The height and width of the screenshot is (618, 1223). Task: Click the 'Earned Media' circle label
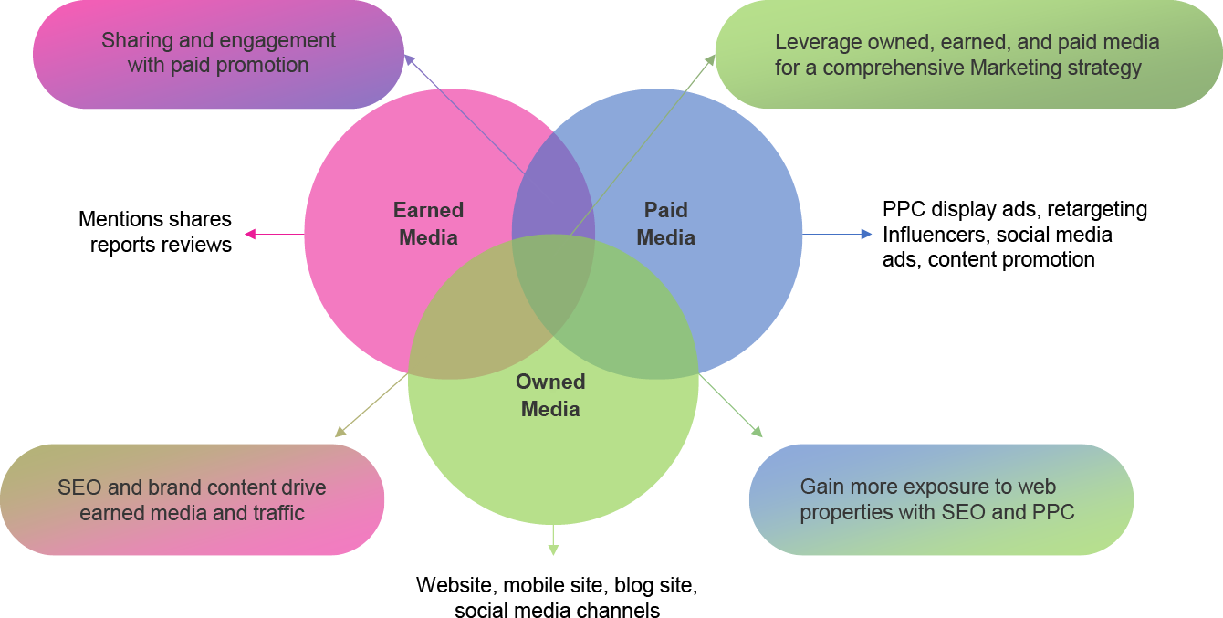point(428,224)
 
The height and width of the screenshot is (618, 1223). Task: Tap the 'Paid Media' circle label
point(665,224)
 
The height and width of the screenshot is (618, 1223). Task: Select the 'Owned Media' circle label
point(550,395)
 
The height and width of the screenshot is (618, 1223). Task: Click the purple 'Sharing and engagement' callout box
point(218,54)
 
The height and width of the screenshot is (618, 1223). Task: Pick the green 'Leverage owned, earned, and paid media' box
point(968,54)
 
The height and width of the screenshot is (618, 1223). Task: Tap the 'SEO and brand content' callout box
point(193,499)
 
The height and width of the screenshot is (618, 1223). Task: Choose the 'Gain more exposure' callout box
point(941,499)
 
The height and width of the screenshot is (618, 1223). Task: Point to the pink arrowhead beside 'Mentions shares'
point(250,235)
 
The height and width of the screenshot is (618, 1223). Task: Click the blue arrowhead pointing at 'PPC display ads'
point(866,235)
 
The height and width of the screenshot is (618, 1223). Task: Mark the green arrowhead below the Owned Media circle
point(553,550)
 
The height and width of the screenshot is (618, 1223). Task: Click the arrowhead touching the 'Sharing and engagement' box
point(410,59)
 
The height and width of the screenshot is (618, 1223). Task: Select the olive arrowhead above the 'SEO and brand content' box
point(340,432)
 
